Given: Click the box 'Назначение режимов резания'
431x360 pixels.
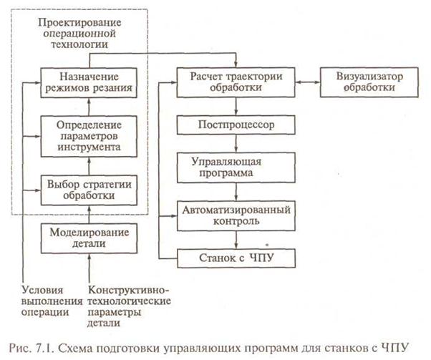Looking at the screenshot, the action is point(89,83).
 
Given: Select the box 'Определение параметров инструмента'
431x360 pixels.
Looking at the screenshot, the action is point(89,136).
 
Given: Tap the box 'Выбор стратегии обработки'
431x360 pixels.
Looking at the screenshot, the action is point(89,190).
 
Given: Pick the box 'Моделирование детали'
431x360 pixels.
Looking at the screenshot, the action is point(89,238).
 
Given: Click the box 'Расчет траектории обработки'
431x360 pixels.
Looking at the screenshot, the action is point(236,82).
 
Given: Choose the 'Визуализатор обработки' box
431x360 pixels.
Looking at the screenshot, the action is point(369,82).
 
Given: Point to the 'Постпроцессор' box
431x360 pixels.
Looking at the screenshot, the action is point(236,125).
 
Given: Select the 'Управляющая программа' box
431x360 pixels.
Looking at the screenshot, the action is point(236,167).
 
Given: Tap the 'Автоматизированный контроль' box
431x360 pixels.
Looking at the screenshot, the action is point(236,216).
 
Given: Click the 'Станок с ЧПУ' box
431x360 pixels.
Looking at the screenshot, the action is point(236,258).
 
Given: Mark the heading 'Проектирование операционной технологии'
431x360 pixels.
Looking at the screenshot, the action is point(79,33).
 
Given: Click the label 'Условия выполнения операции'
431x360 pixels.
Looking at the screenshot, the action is point(52,301).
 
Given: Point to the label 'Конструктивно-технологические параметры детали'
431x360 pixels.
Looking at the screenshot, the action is point(129,306).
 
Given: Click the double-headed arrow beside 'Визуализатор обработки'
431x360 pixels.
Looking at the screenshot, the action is point(308,82).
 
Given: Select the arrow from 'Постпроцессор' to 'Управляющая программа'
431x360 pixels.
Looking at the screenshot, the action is point(236,143).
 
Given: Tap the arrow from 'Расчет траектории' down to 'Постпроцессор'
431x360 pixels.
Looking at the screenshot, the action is point(236,107).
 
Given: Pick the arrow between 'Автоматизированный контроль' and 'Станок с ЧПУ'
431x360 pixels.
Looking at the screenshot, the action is point(236,240).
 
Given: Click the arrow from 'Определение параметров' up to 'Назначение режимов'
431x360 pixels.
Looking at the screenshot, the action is point(89,107).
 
